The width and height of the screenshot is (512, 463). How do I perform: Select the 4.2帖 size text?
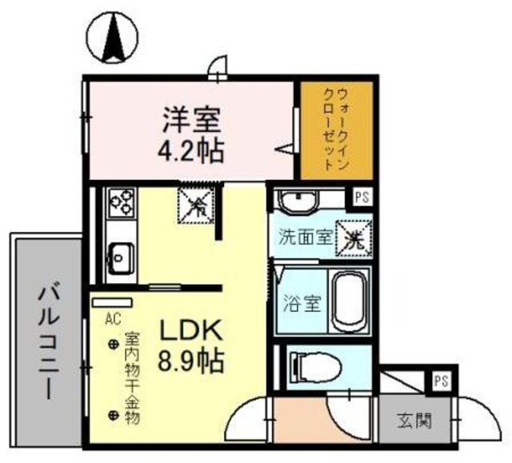(x=191, y=150)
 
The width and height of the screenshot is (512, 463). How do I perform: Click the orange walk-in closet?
(x=326, y=130)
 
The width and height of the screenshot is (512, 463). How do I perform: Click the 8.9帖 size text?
(x=191, y=361)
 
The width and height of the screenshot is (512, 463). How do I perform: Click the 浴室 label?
(x=301, y=304)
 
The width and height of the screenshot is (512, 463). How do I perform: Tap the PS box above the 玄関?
(x=440, y=381)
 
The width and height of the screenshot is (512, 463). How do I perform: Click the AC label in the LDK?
(x=112, y=319)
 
